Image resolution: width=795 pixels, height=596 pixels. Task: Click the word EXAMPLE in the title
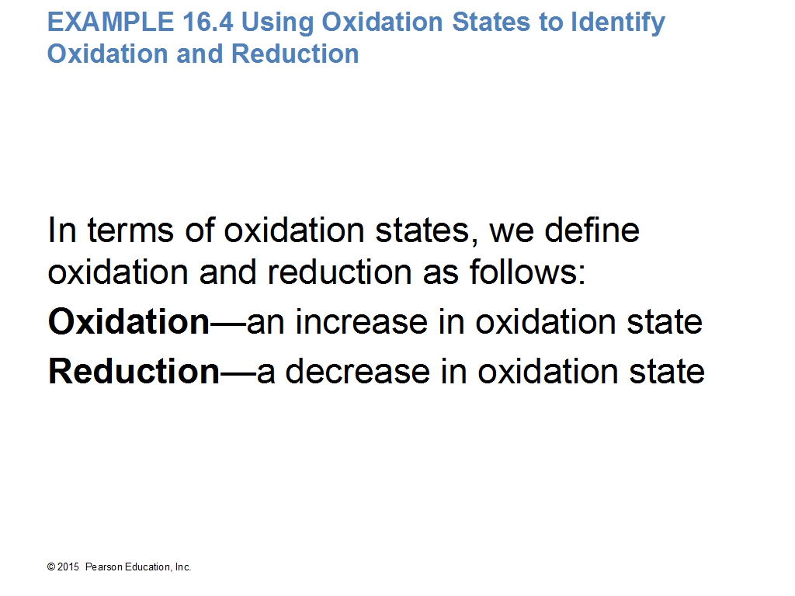pyautogui.click(x=110, y=23)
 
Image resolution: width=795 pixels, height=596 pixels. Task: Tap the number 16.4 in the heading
pyautogui.click(x=208, y=23)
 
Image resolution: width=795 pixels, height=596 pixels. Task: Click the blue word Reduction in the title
pyautogui.click(x=295, y=54)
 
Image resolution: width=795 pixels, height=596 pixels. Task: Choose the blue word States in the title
pyautogui.click(x=491, y=23)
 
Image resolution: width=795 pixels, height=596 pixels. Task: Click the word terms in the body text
pyautogui.click(x=130, y=230)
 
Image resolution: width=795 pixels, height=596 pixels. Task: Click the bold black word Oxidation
pyautogui.click(x=128, y=321)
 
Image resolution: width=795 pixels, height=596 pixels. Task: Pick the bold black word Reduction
pyautogui.click(x=134, y=371)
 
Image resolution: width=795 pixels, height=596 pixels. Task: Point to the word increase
pyautogui.click(x=362, y=322)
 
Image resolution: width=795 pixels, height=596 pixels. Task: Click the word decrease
pyautogui.click(x=357, y=371)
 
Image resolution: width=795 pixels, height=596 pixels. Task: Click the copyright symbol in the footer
pyautogui.click(x=51, y=567)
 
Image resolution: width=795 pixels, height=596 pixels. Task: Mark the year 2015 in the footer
pyautogui.click(x=68, y=567)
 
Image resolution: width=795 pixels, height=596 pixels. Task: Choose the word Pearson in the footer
pyautogui.click(x=103, y=567)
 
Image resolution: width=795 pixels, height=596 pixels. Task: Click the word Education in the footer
pyautogui.click(x=148, y=567)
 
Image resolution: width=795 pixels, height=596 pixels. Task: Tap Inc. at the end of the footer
pyautogui.click(x=183, y=567)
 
